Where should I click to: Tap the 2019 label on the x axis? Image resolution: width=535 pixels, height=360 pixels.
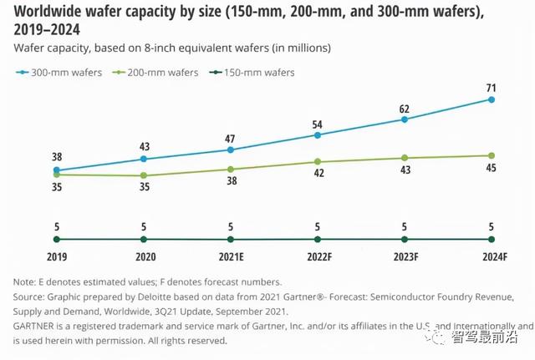tap(56, 258)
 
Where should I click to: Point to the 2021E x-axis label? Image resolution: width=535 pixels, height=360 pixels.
tap(231, 258)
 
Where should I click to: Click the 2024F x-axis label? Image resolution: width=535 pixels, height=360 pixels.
tap(492, 258)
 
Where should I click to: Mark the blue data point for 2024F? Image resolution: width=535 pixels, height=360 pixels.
tap(492, 100)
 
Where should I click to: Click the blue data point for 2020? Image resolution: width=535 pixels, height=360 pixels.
tap(144, 159)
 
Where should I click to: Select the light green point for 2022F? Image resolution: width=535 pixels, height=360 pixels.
tap(318, 162)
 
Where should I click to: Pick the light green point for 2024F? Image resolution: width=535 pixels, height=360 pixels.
tap(492, 155)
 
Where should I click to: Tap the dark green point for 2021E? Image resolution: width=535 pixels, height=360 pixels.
tap(231, 240)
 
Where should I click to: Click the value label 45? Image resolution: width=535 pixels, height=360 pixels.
tap(492, 169)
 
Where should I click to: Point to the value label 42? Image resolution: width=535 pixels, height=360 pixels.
tap(318, 175)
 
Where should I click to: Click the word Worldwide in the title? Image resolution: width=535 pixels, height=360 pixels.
tap(46, 11)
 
